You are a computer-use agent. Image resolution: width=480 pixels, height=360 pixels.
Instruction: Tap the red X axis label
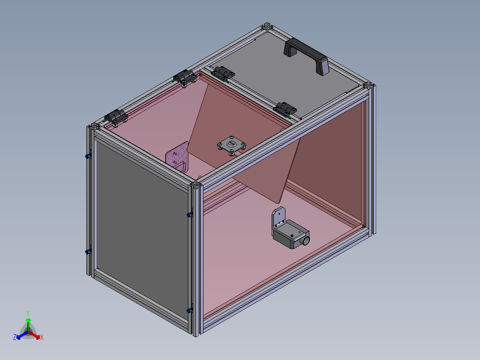(42, 338)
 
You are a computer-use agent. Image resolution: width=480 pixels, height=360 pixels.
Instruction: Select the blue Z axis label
(15, 337)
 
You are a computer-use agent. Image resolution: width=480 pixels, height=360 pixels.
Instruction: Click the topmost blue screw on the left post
(88, 156)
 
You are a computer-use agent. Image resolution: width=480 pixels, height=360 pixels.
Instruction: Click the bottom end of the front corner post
(196, 332)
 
